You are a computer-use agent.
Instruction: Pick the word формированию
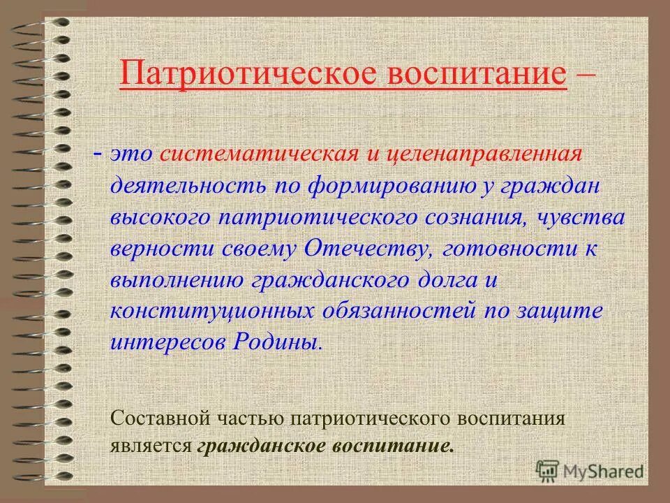pos(386,187)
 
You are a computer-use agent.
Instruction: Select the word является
pos(151,446)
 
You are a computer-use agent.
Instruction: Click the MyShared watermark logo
pos(590,471)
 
